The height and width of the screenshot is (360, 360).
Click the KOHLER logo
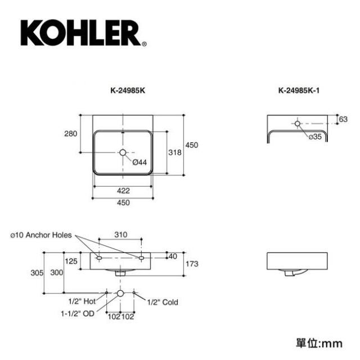pos(84,33)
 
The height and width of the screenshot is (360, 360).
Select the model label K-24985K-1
pos(299,91)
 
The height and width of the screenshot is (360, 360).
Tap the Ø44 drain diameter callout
pos(139,163)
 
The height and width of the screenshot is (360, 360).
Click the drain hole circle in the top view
pos(123,152)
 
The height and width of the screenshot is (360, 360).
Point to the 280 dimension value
pos(70,134)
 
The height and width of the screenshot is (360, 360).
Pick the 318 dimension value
pos(175,152)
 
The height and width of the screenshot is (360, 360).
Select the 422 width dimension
pos(123,191)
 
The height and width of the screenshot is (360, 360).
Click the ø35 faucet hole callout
pos(315,137)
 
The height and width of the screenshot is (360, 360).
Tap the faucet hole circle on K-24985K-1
pos(298,124)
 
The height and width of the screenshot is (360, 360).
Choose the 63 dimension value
pos(343,119)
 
